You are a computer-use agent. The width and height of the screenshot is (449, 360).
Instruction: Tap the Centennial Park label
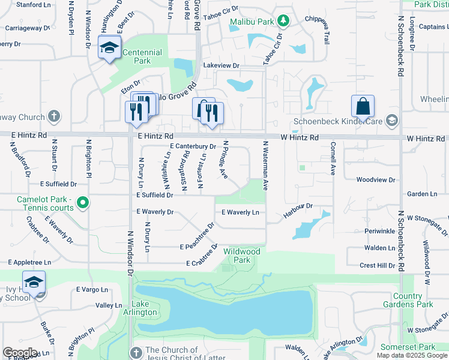pyautogui.click(x=142, y=56)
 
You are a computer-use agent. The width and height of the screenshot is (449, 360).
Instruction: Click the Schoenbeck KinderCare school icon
pyautogui.click(x=392, y=121)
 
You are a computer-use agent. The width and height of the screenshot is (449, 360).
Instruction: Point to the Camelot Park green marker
pyautogui.click(x=84, y=203)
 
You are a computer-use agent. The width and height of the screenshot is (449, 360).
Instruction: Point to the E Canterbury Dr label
pyautogui.click(x=193, y=146)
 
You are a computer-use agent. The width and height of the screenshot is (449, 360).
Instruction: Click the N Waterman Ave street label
pyautogui.click(x=264, y=166)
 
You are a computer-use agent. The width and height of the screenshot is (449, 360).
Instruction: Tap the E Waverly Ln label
pyautogui.click(x=240, y=212)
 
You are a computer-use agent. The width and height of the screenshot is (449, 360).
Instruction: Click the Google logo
pyautogui.click(x=20, y=353)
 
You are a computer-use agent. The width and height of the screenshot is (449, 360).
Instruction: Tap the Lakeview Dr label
pyautogui.click(x=221, y=65)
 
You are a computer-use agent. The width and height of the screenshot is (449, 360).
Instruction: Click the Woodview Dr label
pyautogui.click(x=376, y=179)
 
